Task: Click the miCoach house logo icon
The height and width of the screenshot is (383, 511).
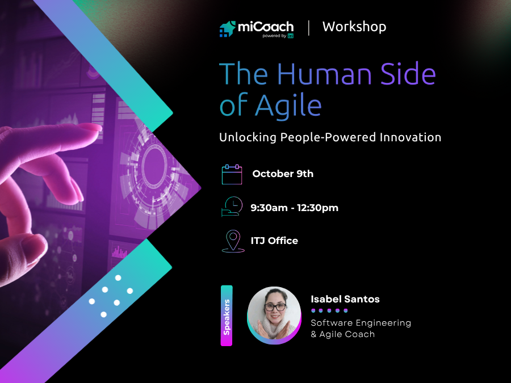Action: click(228, 29)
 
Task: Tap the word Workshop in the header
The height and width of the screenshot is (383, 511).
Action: click(354, 27)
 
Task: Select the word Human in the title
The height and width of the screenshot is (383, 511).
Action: click(321, 75)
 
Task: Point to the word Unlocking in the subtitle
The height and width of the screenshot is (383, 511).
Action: click(247, 137)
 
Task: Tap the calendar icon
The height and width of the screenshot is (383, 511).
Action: click(232, 174)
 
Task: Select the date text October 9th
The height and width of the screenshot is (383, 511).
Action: click(283, 174)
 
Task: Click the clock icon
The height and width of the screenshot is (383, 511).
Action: click(232, 207)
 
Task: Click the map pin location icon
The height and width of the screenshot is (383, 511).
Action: click(232, 241)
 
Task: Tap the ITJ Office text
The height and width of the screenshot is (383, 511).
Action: click(274, 241)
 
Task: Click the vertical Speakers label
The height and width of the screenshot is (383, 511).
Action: click(227, 315)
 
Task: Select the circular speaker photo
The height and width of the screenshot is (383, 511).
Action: click(274, 315)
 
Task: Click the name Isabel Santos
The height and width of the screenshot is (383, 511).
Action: click(345, 299)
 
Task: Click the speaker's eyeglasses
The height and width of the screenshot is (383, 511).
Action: click(275, 307)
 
